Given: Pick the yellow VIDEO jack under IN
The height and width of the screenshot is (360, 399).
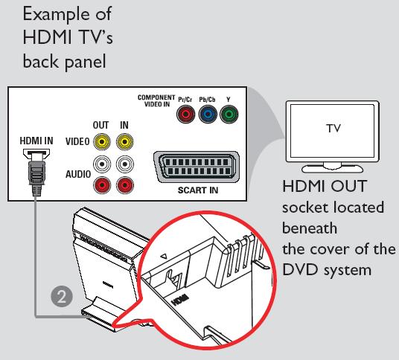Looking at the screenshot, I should pyautogui.click(x=124, y=140).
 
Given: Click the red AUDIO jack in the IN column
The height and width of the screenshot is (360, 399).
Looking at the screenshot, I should pyautogui.click(x=124, y=184).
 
